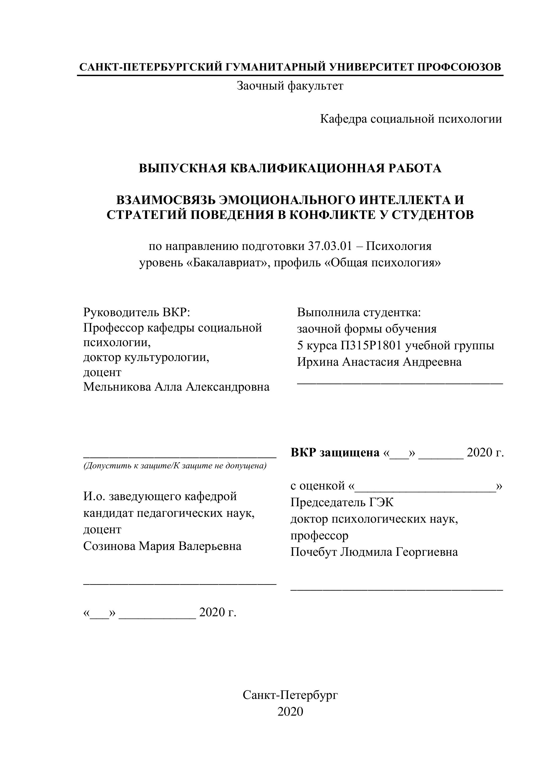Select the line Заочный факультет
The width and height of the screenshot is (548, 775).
click(x=290, y=86)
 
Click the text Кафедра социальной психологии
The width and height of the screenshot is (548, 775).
click(x=411, y=119)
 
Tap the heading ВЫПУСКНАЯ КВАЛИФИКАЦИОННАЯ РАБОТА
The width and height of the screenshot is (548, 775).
click(x=290, y=168)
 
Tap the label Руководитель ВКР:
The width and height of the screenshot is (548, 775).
click(x=137, y=312)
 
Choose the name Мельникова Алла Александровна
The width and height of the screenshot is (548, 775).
click(x=176, y=387)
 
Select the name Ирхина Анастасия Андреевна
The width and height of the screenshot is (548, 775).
click(x=379, y=362)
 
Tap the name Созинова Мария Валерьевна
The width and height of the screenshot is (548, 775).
click(x=162, y=546)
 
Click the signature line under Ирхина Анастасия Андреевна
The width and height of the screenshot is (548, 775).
click(x=400, y=383)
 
